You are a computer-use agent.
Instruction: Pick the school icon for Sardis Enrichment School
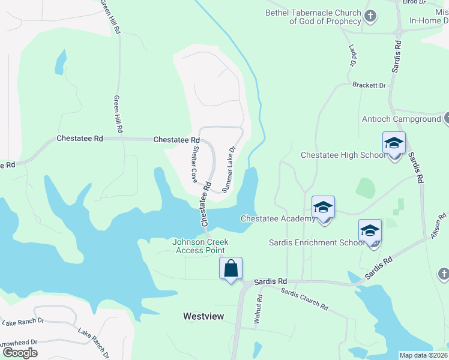click(x=370, y=231)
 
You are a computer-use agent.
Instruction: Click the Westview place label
click(x=200, y=316)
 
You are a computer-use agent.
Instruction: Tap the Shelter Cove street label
click(x=194, y=164)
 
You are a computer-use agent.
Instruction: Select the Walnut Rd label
click(x=258, y=310)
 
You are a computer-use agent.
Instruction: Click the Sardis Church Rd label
click(x=305, y=298)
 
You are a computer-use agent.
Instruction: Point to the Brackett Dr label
click(x=369, y=85)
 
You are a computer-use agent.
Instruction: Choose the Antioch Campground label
click(x=401, y=119)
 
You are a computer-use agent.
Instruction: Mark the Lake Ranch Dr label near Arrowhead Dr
click(x=23, y=321)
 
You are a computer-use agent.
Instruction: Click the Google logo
click(x=20, y=353)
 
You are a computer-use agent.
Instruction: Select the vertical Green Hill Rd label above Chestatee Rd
click(x=118, y=114)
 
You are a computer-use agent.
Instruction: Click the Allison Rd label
click(x=439, y=227)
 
